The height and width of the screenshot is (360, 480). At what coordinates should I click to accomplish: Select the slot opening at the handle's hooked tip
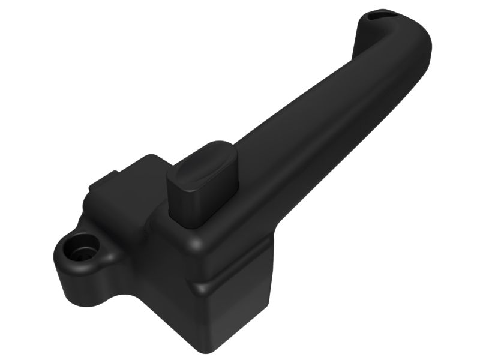(377, 13)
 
